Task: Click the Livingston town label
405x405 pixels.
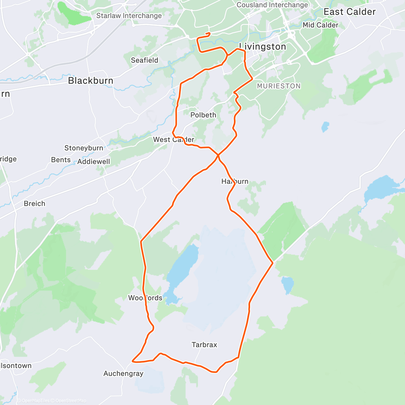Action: pos(263,47)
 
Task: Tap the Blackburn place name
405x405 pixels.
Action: pos(90,81)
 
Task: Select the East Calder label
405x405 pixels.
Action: pos(349,12)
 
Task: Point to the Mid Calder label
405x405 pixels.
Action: pos(320,25)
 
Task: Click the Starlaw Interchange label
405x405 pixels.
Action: pos(129,16)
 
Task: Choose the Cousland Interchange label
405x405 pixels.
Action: pos(272,5)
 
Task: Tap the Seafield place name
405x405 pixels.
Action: pos(144,60)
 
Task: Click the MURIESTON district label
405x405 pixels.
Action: pos(279,86)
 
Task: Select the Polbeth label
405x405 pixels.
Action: pos(203,115)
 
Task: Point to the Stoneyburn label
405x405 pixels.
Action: pos(84,148)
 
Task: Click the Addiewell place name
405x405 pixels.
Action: pos(93,162)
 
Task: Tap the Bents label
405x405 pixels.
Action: pos(61,160)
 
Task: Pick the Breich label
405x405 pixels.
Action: pos(34,204)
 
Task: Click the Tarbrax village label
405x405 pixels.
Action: pos(204,345)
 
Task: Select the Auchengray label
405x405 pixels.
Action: pos(123,374)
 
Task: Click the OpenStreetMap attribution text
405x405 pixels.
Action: pos(71,401)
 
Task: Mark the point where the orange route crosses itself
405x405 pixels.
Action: pos(218,155)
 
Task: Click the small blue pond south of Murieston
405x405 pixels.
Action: pos(325,127)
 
